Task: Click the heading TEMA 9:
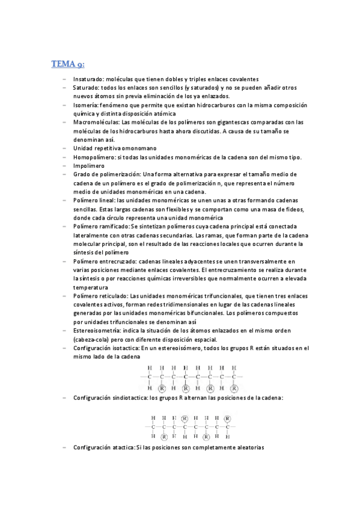(67, 64)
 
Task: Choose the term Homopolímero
(96, 157)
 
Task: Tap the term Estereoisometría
(97, 331)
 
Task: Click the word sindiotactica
(130, 398)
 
